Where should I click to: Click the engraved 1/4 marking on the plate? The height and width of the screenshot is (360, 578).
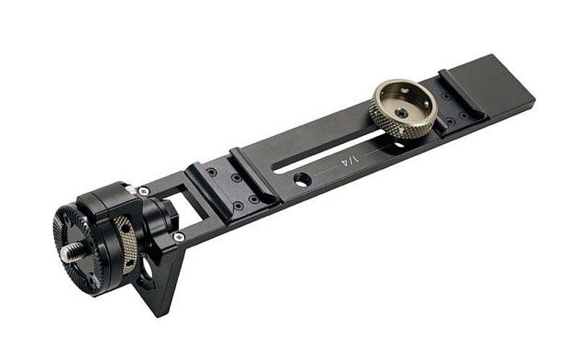tap(349, 160)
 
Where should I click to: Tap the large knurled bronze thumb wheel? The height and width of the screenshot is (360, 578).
tap(403, 108)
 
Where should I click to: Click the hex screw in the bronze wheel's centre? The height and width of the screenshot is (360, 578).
tap(402, 113)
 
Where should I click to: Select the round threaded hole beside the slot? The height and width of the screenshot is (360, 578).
tap(302, 179)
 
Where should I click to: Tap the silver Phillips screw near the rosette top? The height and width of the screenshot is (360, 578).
tap(143, 191)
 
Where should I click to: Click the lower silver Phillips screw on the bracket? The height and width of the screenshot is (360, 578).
tap(178, 237)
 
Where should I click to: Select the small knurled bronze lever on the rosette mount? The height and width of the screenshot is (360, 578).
tap(126, 244)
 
